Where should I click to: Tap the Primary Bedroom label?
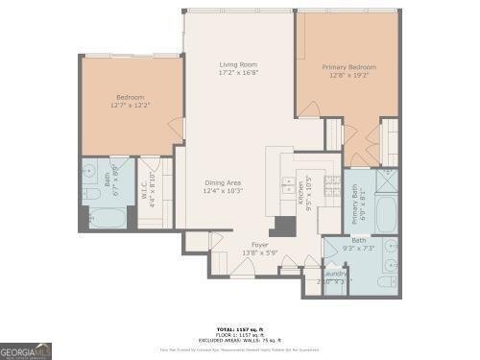pyautogui.click(x=348, y=67)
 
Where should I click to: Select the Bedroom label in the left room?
pyautogui.click(x=131, y=97)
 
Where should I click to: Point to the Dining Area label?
pyautogui.click(x=222, y=182)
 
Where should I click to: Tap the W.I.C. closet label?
pyautogui.click(x=144, y=182)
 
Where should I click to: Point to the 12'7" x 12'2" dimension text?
pyautogui.click(x=131, y=106)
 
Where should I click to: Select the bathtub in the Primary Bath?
pyautogui.click(x=385, y=214)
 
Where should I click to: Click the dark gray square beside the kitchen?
pyautogui.click(x=282, y=226)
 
